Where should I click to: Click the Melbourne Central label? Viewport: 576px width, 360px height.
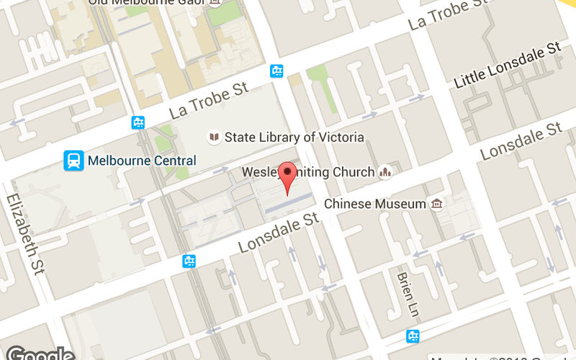click(x=141, y=160)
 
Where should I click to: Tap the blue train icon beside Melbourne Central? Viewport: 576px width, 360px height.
click(x=73, y=160)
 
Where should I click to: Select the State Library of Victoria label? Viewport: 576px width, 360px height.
click(x=294, y=137)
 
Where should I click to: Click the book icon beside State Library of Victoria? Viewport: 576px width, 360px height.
click(x=213, y=137)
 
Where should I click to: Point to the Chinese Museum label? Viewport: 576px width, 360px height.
click(x=374, y=204)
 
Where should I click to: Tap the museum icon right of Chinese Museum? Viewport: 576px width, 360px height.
click(x=436, y=204)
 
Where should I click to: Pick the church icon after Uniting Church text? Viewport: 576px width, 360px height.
click(x=385, y=172)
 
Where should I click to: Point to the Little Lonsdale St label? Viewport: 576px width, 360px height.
click(x=508, y=66)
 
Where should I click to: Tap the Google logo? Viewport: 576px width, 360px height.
click(x=40, y=354)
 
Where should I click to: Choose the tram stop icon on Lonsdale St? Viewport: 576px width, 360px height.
click(x=189, y=261)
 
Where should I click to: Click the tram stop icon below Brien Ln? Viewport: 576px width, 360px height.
click(x=413, y=336)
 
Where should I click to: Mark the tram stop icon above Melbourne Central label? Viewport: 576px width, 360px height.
click(x=138, y=122)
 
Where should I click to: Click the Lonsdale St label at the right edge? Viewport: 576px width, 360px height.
click(x=521, y=141)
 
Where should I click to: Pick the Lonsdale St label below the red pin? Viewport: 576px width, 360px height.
click(x=278, y=232)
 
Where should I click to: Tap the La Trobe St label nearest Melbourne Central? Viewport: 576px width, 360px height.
click(x=209, y=102)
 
